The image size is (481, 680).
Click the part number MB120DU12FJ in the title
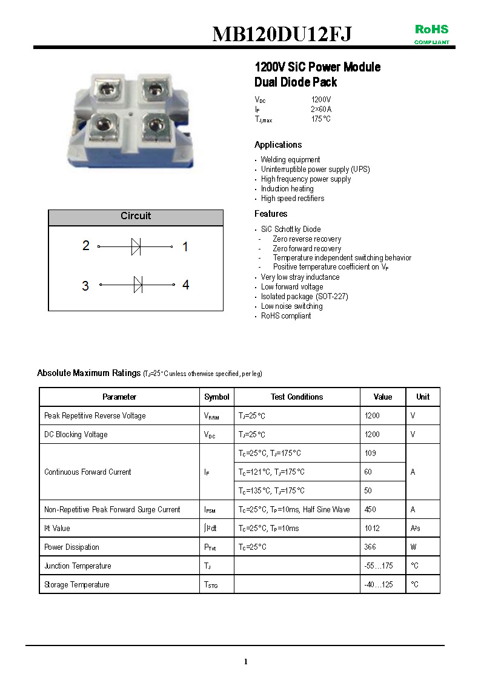click(282, 35)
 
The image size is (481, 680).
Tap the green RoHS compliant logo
click(431, 33)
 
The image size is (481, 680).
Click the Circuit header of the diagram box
click(136, 216)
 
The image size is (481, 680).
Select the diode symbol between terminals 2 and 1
click(136, 246)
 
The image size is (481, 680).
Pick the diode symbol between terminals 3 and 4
click(138, 284)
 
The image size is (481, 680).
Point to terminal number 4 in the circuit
click(185, 284)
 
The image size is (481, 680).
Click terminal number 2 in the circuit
click(86, 245)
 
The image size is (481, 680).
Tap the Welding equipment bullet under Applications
click(290, 160)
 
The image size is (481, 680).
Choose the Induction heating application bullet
click(287, 189)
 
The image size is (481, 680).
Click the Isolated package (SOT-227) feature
click(304, 297)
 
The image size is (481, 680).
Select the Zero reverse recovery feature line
click(307, 239)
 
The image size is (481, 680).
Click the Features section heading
click(271, 214)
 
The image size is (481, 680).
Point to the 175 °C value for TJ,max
click(320, 119)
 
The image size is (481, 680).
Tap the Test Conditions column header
click(297, 397)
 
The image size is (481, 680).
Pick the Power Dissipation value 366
click(370, 547)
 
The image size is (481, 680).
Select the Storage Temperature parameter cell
click(77, 585)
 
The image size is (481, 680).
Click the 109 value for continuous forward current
click(370, 454)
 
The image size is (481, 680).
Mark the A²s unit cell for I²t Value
click(416, 529)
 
